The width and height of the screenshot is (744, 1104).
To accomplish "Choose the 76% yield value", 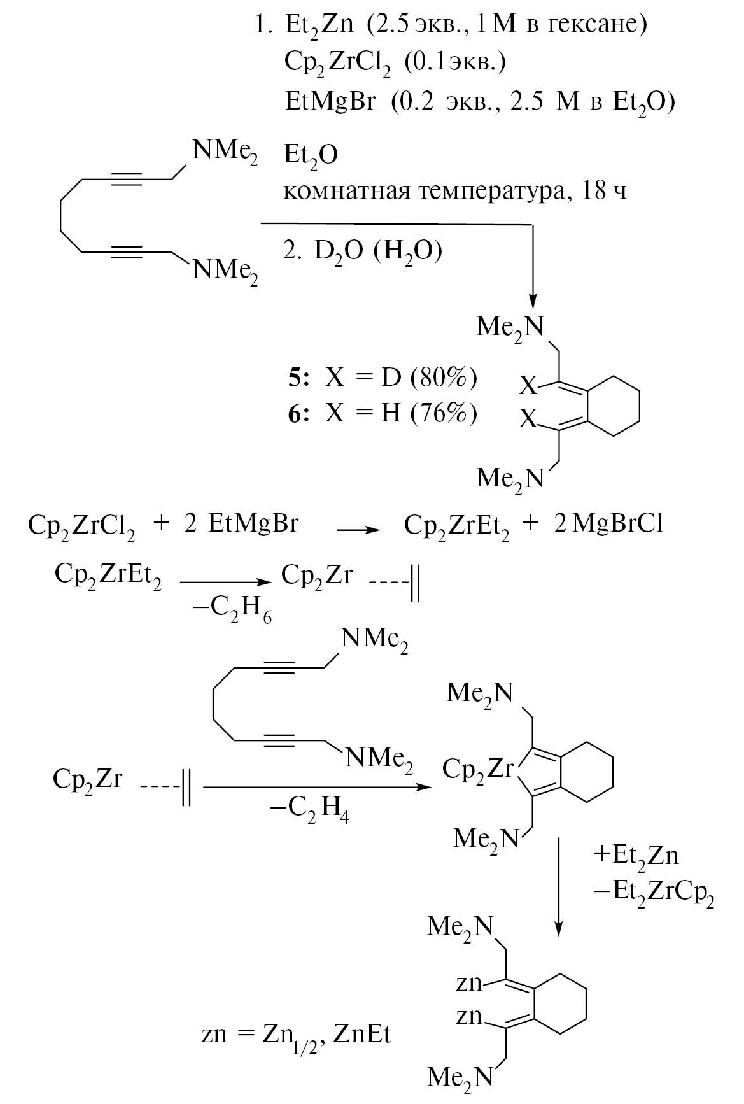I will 444,414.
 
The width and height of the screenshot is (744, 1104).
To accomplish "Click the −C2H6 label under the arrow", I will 232,609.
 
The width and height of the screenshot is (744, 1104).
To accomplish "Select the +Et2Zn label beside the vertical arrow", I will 636,855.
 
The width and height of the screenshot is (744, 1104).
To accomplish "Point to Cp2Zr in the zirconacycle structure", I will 477,770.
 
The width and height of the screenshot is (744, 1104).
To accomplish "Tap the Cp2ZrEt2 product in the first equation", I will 457,526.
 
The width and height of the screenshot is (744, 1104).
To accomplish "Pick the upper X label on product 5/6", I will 528,385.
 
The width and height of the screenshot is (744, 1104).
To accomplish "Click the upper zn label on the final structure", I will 470,984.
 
